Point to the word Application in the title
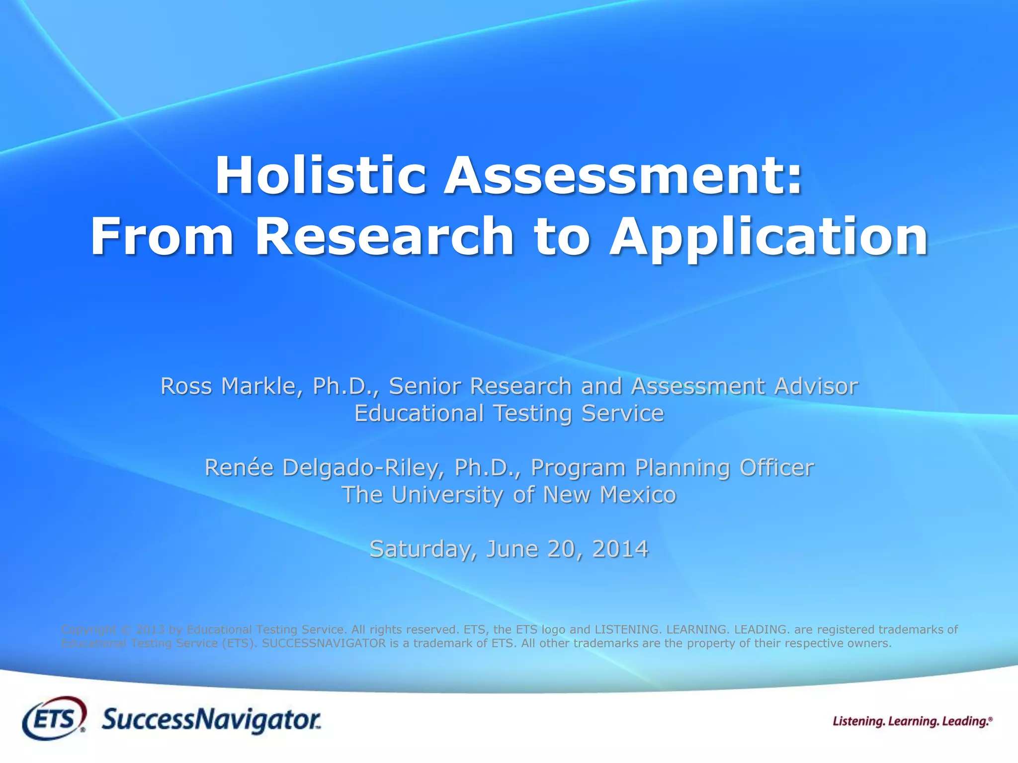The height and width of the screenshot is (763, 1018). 768,237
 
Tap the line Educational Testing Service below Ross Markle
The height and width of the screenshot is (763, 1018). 509,413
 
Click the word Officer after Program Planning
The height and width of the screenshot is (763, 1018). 776,468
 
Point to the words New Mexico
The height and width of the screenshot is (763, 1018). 609,495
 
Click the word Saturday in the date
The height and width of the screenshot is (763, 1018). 423,549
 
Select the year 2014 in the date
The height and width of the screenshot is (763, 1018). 620,549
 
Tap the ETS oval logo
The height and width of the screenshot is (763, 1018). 54,718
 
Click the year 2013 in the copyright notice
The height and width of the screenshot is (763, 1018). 150,629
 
